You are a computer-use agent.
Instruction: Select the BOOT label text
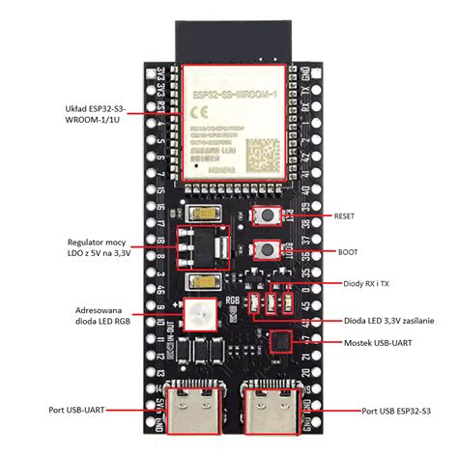tap(348, 251)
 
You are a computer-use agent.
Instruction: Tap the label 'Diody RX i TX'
tap(364, 284)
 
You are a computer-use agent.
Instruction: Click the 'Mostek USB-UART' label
tap(381, 343)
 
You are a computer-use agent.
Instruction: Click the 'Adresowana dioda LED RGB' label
tap(100, 317)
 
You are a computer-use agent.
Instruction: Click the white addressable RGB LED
tap(202, 312)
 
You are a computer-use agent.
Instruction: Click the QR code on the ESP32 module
tap(262, 153)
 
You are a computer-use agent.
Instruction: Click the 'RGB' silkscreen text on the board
tap(232, 299)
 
